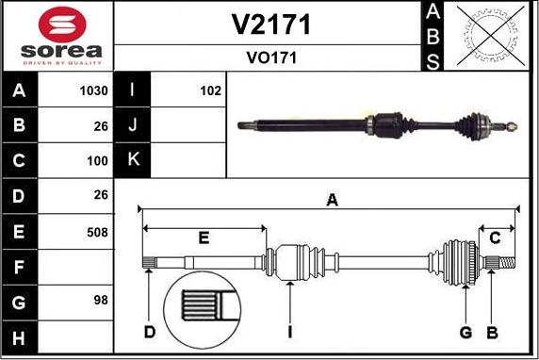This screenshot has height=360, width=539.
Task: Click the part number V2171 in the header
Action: [271, 24]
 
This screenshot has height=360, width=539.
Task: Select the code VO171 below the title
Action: [271, 57]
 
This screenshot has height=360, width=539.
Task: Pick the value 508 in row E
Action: [97, 232]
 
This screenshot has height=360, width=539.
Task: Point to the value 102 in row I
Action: [210, 91]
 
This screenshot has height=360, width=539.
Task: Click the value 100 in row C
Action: [97, 161]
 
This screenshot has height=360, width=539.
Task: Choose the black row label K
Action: [132, 161]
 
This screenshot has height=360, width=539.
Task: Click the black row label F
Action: [20, 268]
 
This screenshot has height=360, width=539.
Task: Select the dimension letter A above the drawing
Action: [331, 199]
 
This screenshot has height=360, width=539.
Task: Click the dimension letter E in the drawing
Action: [203, 237]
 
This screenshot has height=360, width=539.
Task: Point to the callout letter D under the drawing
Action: [149, 332]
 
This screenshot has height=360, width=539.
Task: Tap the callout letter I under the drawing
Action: [291, 332]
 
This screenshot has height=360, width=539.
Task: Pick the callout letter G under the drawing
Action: [465, 332]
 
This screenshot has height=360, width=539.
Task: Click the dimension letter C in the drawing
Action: [495, 237]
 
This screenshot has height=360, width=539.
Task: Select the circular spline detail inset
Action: [204, 310]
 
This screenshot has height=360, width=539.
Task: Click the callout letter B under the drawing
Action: [491, 332]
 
